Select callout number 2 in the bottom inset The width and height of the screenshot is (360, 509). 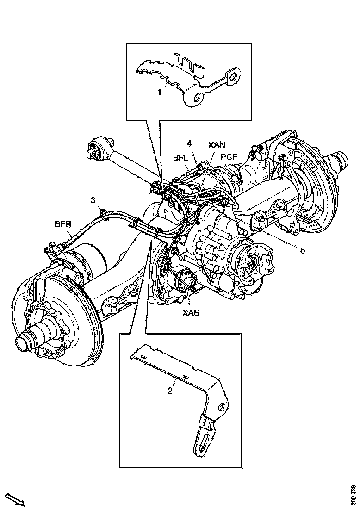pos(170,391)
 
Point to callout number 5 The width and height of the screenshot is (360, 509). pos(302,250)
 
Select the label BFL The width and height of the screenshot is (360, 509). pos(180,158)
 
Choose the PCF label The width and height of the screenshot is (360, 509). pos(229,158)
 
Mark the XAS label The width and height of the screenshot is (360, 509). pos(190,313)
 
